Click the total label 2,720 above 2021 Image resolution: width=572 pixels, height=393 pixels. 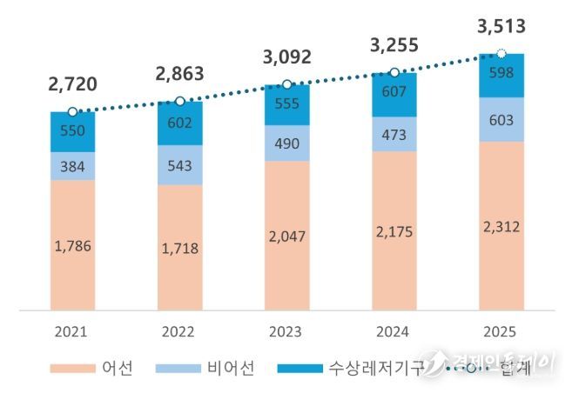click(x=72, y=84)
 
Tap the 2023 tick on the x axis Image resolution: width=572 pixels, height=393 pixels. click(x=286, y=331)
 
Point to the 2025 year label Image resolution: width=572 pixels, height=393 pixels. click(x=501, y=331)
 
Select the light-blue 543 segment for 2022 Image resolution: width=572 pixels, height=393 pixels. click(x=179, y=164)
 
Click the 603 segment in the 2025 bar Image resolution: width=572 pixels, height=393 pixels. click(x=501, y=119)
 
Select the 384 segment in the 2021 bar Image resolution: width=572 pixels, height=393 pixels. click(x=72, y=166)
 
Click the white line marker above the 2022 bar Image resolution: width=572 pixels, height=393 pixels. click(x=179, y=101)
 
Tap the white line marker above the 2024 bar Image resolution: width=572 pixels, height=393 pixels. click(x=394, y=72)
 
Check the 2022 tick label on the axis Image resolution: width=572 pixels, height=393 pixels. click(x=179, y=331)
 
